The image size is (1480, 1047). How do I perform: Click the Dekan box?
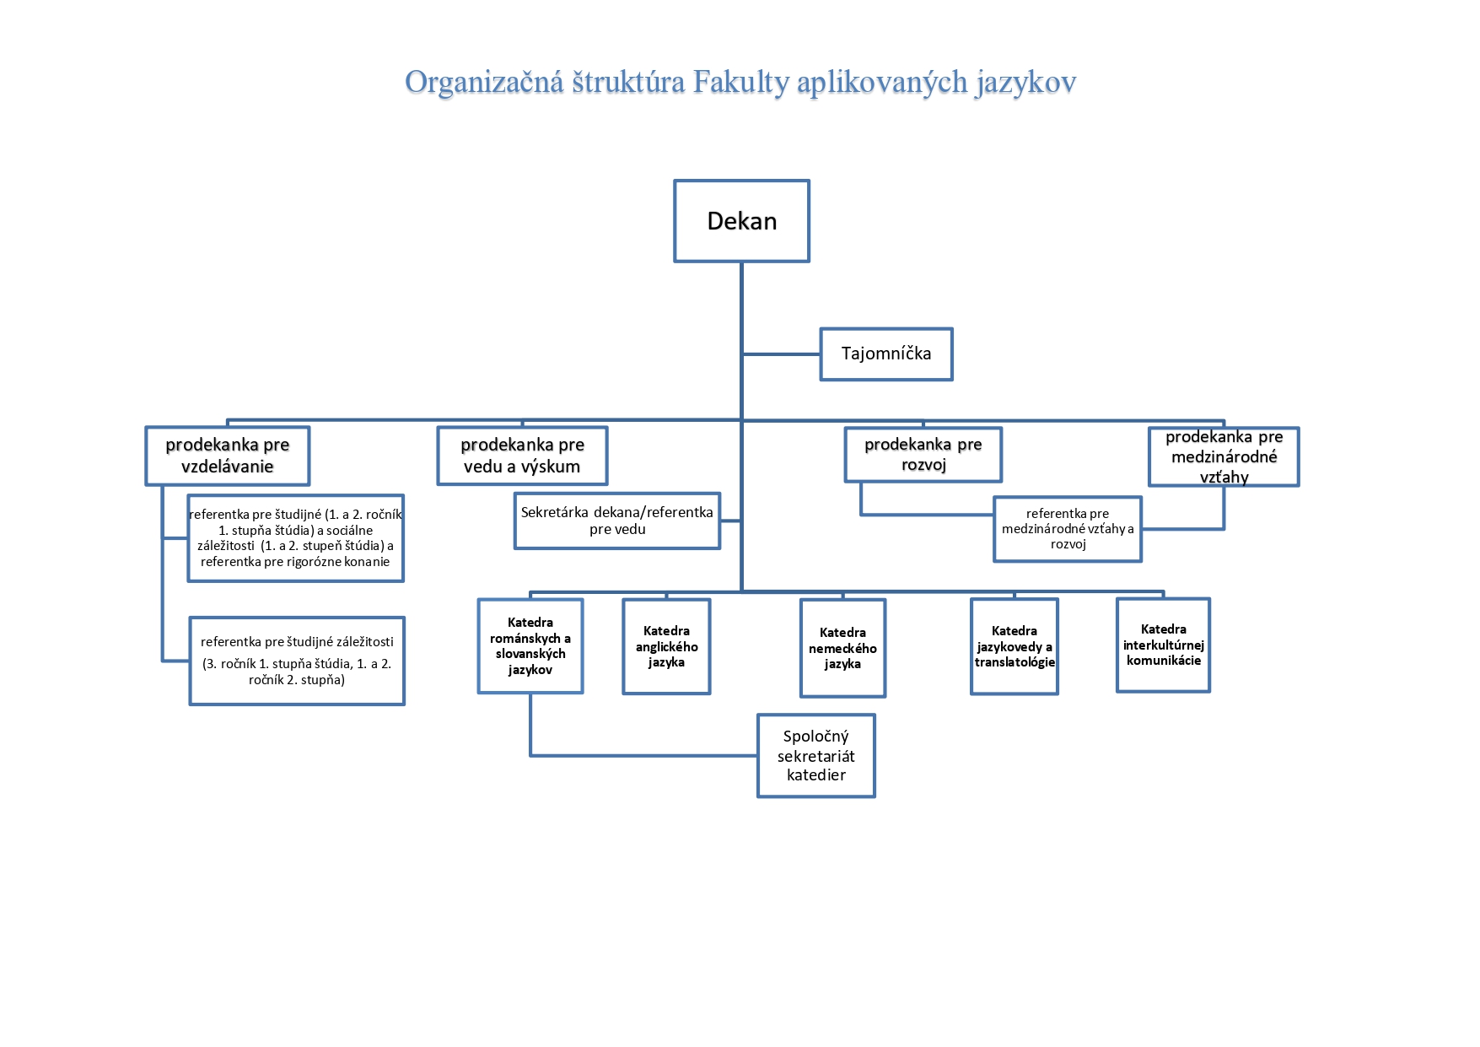pyautogui.click(x=741, y=221)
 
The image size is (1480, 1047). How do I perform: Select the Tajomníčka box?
pyautogui.click(x=885, y=354)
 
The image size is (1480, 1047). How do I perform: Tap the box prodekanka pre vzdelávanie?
pyautogui.click(x=228, y=456)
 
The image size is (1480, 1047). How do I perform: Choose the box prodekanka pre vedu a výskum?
pyautogui.click(x=522, y=456)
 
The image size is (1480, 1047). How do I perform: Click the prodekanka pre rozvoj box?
pyautogui.click(x=923, y=455)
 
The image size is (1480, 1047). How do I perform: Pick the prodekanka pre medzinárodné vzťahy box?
pyautogui.click(x=1224, y=456)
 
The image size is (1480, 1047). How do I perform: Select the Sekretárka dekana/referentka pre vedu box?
pyautogui.click(x=616, y=521)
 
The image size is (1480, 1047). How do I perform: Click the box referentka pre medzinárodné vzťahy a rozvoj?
pyautogui.click(x=1068, y=529)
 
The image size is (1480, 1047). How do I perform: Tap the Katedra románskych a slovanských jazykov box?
pyautogui.click(x=530, y=646)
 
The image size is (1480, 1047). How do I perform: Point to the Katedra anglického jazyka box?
pyautogui.click(x=666, y=646)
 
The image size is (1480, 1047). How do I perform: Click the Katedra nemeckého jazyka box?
pyautogui.click(x=842, y=648)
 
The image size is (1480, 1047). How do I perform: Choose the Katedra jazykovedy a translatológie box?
pyautogui.click(x=1014, y=646)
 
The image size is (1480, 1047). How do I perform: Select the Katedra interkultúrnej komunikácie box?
pyautogui.click(x=1163, y=645)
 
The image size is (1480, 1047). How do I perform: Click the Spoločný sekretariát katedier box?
pyautogui.click(x=815, y=756)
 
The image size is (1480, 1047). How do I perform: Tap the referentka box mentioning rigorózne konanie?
pyautogui.click(x=295, y=538)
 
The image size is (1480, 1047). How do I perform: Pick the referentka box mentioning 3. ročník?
pyautogui.click(x=297, y=661)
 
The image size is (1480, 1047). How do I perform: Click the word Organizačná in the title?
pyautogui.click(x=483, y=83)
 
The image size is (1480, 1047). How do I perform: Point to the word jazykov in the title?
pyautogui.click(x=1025, y=83)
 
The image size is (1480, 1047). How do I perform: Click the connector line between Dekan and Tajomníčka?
pyautogui.click(x=781, y=354)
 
